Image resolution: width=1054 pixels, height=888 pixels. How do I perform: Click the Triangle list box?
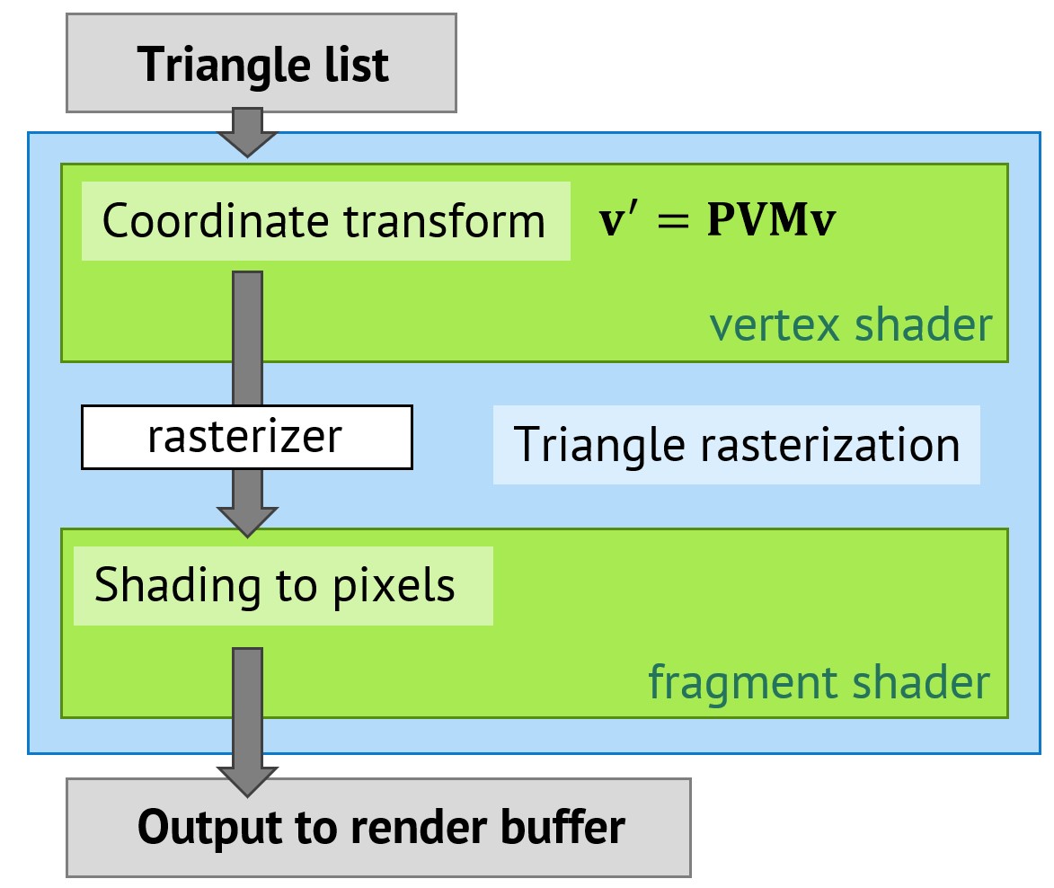tap(261, 64)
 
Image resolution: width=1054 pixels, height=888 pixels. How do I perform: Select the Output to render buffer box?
tap(378, 827)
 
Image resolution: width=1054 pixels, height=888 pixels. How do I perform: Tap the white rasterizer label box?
tap(246, 437)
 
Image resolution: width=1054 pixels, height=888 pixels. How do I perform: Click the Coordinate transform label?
tap(325, 221)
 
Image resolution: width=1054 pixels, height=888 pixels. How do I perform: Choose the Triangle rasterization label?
tap(736, 445)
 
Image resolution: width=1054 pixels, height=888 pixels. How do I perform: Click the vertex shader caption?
tap(850, 325)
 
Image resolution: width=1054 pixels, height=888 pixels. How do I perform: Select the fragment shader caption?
tap(819, 683)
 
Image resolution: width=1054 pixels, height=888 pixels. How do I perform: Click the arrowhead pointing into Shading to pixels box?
tap(247, 521)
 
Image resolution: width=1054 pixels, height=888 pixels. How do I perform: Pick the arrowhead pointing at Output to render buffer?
tap(247, 780)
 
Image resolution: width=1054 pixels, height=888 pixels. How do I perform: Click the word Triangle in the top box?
tap(203, 65)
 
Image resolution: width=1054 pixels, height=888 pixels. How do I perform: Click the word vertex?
tap(775, 325)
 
